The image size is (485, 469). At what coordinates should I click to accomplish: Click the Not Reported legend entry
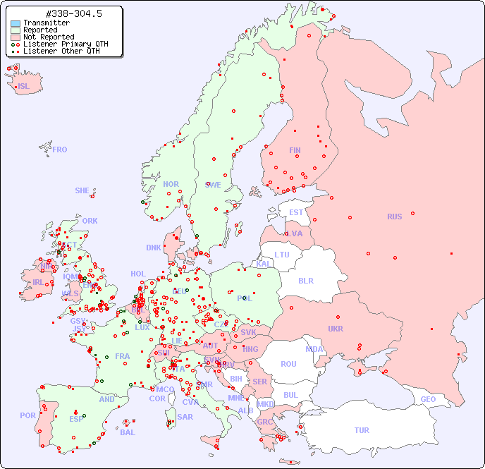(48, 37)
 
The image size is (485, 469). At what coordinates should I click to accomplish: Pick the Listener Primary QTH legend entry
(66, 44)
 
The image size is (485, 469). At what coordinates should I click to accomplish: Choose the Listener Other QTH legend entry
(63, 51)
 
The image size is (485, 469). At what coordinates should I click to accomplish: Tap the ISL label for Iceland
(24, 87)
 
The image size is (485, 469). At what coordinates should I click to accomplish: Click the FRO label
(60, 150)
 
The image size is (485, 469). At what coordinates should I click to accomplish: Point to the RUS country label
(394, 217)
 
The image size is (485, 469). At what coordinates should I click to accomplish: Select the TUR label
(362, 430)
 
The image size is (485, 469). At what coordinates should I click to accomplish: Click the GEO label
(428, 399)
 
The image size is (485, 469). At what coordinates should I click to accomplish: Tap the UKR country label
(336, 329)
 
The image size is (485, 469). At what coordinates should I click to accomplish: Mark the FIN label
(295, 150)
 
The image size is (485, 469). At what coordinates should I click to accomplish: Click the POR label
(27, 415)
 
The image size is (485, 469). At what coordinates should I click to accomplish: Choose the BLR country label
(305, 280)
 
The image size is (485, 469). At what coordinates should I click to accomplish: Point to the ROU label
(288, 364)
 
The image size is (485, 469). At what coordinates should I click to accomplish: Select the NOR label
(171, 184)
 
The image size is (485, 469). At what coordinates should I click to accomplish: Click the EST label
(296, 212)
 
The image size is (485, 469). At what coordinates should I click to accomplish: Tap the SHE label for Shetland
(82, 190)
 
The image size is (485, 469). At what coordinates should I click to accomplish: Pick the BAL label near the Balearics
(128, 432)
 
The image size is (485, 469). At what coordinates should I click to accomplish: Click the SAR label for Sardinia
(185, 416)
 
